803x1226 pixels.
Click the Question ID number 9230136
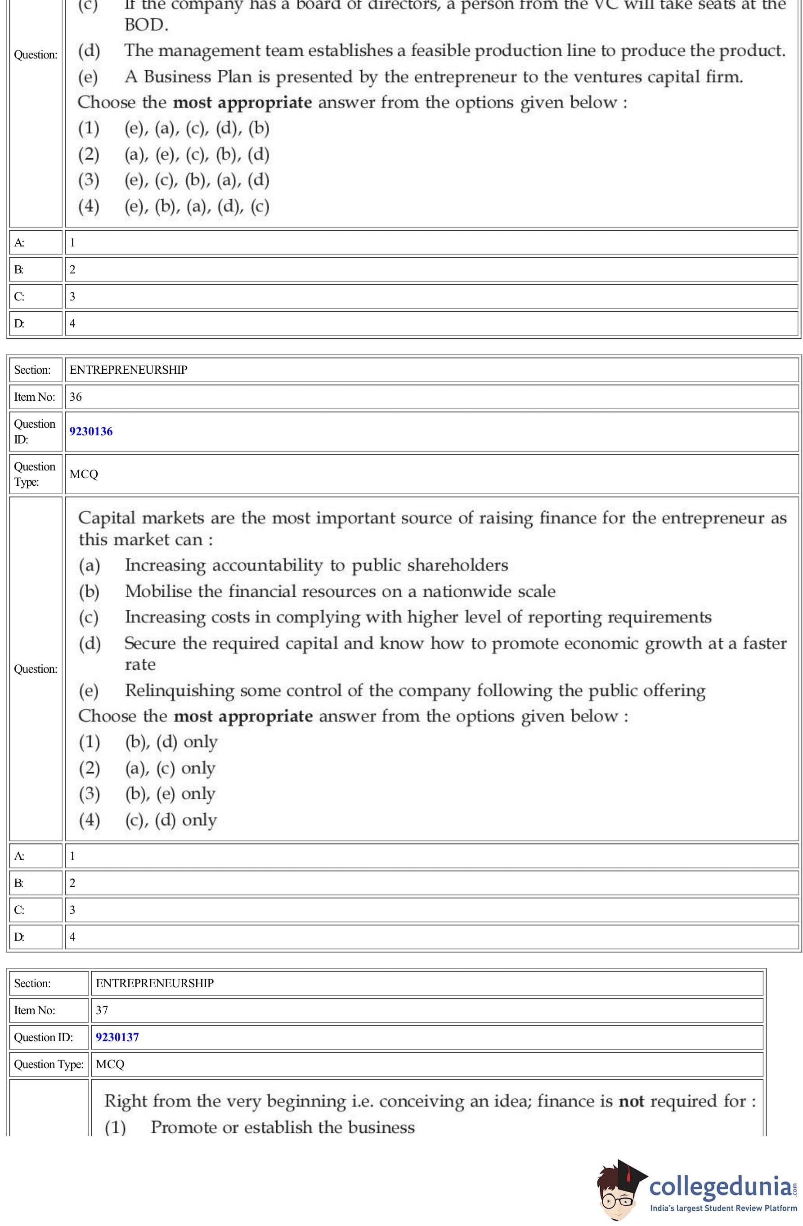pyautogui.click(x=91, y=431)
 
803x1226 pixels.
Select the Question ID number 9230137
pyautogui.click(x=117, y=1037)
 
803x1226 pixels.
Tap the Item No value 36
pyautogui.click(x=75, y=397)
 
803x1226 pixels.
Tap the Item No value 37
pyautogui.click(x=102, y=1010)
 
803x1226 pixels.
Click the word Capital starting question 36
pyautogui.click(x=107, y=518)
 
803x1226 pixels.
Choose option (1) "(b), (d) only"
pyautogui.click(x=170, y=742)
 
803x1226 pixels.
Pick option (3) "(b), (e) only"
pyautogui.click(x=170, y=794)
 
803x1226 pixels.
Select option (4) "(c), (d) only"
pyautogui.click(x=170, y=819)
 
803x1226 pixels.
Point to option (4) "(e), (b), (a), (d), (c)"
pyautogui.click(x=197, y=206)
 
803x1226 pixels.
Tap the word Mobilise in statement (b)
pyautogui.click(x=158, y=591)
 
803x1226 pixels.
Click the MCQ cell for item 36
pyautogui.click(x=84, y=474)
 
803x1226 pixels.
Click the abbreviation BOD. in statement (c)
pyautogui.click(x=146, y=25)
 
